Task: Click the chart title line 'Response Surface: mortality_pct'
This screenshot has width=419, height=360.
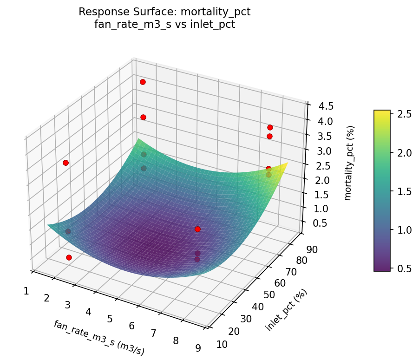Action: point(164,12)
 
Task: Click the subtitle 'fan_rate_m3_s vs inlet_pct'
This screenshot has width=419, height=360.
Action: point(164,24)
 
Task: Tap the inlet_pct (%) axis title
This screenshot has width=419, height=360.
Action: point(286,310)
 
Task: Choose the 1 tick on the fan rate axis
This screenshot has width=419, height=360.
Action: point(26,291)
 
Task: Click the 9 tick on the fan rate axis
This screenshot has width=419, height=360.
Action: point(198,347)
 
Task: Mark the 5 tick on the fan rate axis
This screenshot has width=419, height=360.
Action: point(110,319)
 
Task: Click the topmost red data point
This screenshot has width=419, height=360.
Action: point(143,82)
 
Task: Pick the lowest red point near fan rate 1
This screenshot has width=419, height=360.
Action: point(69,257)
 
